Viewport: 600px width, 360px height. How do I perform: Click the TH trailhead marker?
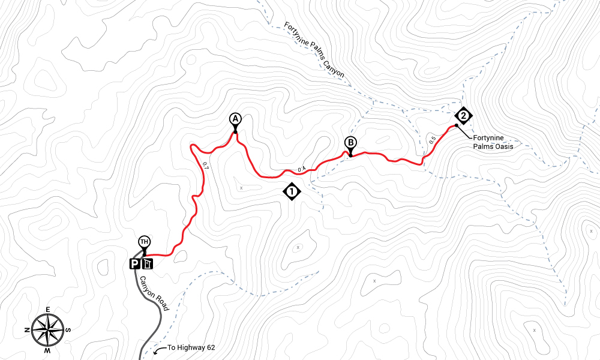tap(144, 242)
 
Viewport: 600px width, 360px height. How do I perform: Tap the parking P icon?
tap(136, 263)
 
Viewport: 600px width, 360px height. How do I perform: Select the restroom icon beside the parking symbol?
tap(148, 263)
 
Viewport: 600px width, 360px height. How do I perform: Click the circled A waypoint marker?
tap(235, 118)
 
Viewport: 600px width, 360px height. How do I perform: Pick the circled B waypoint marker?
tap(350, 143)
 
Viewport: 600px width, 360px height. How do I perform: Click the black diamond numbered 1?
tap(291, 192)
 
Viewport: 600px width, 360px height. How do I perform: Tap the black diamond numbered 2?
tap(463, 116)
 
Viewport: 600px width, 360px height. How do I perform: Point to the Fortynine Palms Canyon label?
tap(314, 51)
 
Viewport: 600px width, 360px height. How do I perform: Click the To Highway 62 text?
tap(191, 347)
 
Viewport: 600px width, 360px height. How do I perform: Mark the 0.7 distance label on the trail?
tap(205, 166)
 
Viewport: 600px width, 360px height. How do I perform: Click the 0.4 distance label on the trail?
tap(301, 169)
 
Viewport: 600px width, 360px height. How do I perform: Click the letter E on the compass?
tap(48, 310)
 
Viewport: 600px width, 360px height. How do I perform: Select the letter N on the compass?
tap(28, 330)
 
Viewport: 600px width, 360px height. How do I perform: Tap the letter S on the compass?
tap(69, 329)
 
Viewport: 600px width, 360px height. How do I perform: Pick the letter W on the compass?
tap(48, 350)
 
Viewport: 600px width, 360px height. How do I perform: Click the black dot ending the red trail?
tap(457, 125)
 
